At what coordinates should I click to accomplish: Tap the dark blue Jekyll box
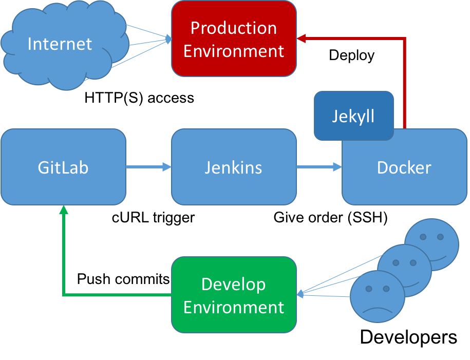(353, 116)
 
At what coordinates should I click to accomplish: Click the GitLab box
(63, 167)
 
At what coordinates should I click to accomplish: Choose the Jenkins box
(234, 167)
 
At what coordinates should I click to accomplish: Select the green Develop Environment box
(234, 295)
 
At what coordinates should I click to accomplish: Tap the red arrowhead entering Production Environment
(302, 38)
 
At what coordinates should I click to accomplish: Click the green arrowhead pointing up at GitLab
(63, 210)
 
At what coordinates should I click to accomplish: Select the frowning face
(377, 297)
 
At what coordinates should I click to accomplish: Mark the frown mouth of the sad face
(378, 311)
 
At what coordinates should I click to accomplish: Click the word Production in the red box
(234, 28)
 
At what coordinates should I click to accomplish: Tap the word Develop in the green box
(234, 284)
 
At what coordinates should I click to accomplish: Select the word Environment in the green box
(234, 308)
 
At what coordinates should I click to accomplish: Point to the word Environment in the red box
(234, 51)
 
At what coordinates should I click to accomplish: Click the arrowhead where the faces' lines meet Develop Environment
(300, 294)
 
